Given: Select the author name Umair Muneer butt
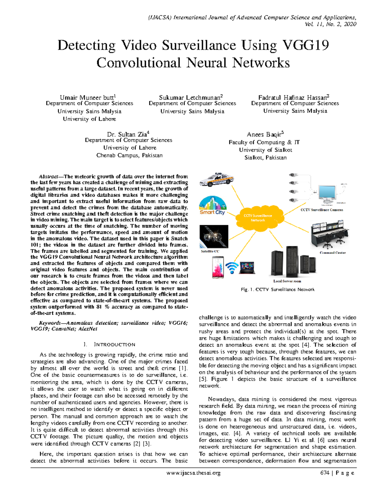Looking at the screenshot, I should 88,97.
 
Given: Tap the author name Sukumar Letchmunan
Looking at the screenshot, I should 190,97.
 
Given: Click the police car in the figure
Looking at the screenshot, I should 216,180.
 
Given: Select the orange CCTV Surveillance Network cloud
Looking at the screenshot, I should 258,218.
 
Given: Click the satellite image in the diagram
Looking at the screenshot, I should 214,236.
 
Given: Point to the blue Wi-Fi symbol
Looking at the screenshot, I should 232,268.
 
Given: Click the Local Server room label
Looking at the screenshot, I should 287,281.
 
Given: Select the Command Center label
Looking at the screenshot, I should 332,253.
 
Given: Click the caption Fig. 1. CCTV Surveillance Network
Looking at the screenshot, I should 278,289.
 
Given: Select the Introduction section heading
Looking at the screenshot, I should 109,344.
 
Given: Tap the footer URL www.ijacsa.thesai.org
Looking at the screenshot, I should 193,473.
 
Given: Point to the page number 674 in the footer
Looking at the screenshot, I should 325,473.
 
